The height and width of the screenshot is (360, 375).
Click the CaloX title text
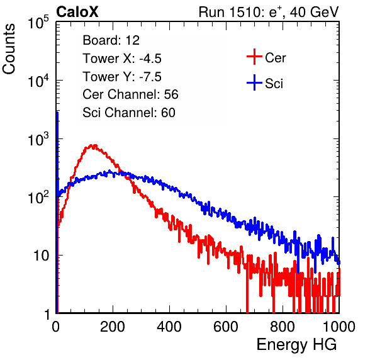pos(77,12)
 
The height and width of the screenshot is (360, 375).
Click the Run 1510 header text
pos(269,12)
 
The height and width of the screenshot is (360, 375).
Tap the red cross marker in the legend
pos(254,57)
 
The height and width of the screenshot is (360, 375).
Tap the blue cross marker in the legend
pos(254,82)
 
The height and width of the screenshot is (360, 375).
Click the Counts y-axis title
pos(9,49)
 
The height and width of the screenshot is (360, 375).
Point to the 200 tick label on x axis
pos(113,327)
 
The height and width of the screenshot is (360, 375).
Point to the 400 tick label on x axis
pos(169,327)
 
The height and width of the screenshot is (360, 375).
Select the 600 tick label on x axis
pos(226,327)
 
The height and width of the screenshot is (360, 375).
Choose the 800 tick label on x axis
pos(283,327)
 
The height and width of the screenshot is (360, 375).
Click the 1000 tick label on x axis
pos(339,327)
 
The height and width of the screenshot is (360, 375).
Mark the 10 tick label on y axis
pos(41,256)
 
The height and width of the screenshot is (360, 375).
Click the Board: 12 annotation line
pos(111,40)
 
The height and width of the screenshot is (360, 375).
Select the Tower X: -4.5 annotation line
pos(122,59)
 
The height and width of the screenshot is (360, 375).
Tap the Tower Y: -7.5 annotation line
pos(122,77)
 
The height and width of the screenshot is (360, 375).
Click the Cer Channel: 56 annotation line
pos(130,94)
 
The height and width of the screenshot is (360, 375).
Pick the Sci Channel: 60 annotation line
pos(129,113)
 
